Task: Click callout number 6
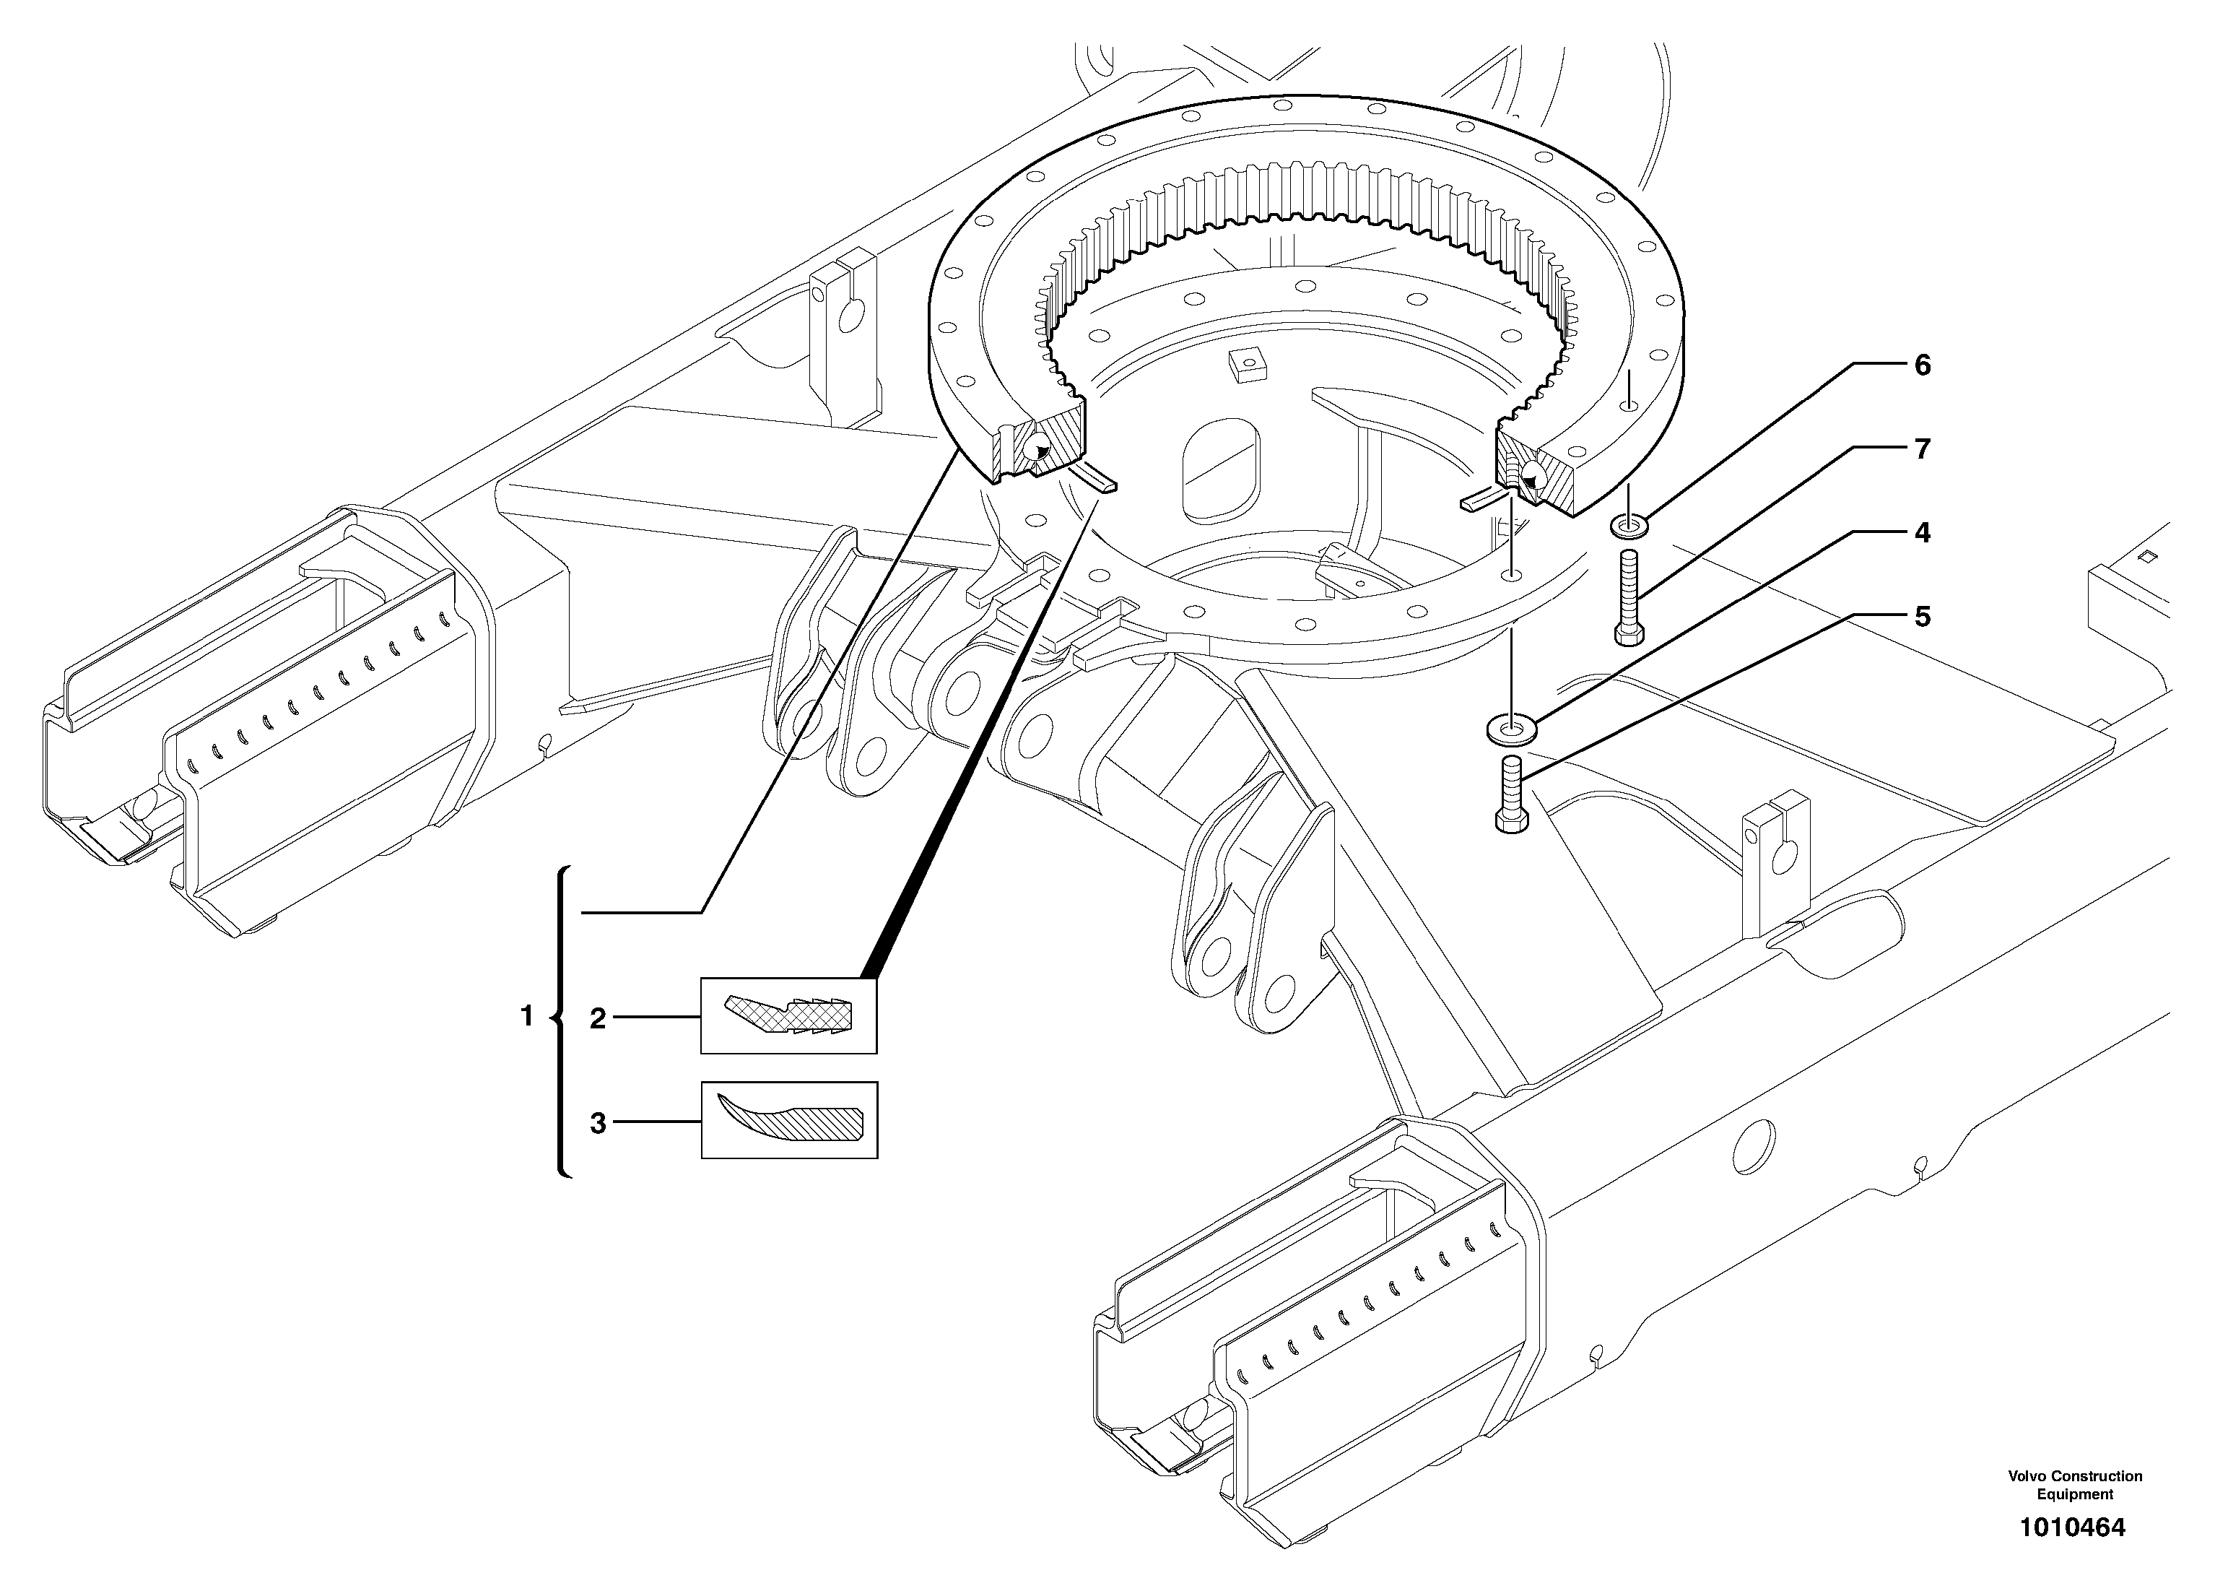coord(1922,365)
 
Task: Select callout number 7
coord(1922,449)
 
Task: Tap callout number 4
coord(1922,533)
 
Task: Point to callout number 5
coord(1922,617)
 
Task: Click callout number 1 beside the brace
coord(526,1017)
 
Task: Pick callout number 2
coord(598,1019)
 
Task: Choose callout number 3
coord(598,1123)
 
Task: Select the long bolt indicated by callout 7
coord(1628,597)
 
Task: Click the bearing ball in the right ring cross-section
coord(1531,476)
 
